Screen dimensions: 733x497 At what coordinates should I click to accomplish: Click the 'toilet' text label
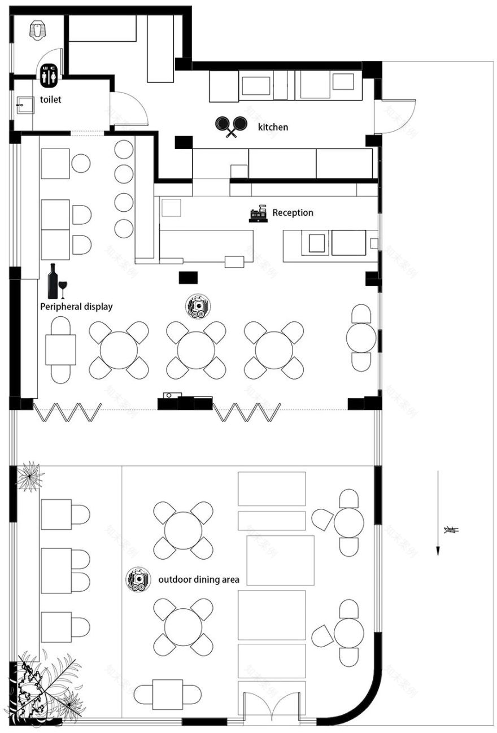50,100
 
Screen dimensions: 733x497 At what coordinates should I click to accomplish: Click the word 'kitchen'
273,127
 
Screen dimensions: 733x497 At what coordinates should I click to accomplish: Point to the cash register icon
258,213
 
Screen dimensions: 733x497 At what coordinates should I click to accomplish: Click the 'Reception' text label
293,213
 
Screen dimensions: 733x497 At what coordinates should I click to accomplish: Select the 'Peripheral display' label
76,307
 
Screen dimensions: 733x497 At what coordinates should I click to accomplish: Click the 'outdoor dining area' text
199,579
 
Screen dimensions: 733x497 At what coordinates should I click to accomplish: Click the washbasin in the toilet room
24,104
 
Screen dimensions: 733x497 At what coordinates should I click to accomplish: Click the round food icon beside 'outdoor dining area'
137,579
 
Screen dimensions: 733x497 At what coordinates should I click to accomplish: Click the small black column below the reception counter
188,277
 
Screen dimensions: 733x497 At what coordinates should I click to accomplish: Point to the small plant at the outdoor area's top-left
29,476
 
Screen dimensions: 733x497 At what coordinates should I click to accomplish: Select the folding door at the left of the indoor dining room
67,413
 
